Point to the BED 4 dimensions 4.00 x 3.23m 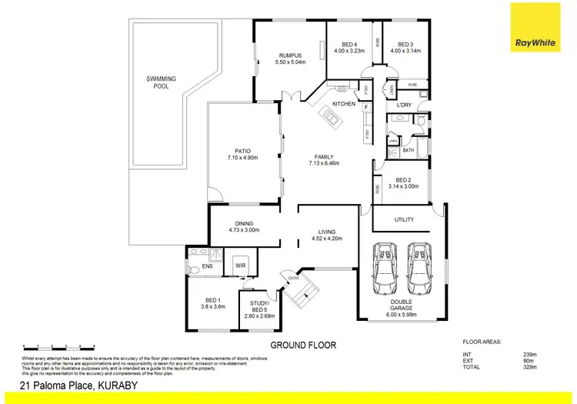tap(349, 51)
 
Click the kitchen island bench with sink tap(333, 118)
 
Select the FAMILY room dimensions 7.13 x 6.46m tap(324, 163)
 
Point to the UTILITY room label tap(404, 219)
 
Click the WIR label tap(239, 266)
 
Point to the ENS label tap(207, 266)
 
